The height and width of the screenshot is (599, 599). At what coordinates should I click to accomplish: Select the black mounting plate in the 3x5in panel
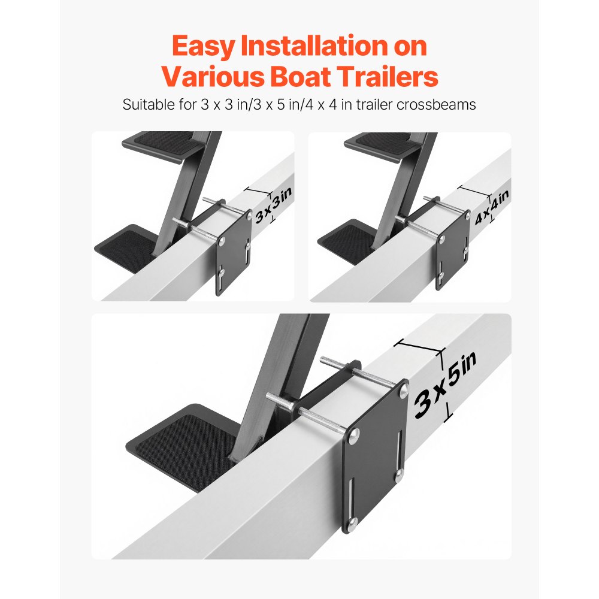[374, 455]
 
